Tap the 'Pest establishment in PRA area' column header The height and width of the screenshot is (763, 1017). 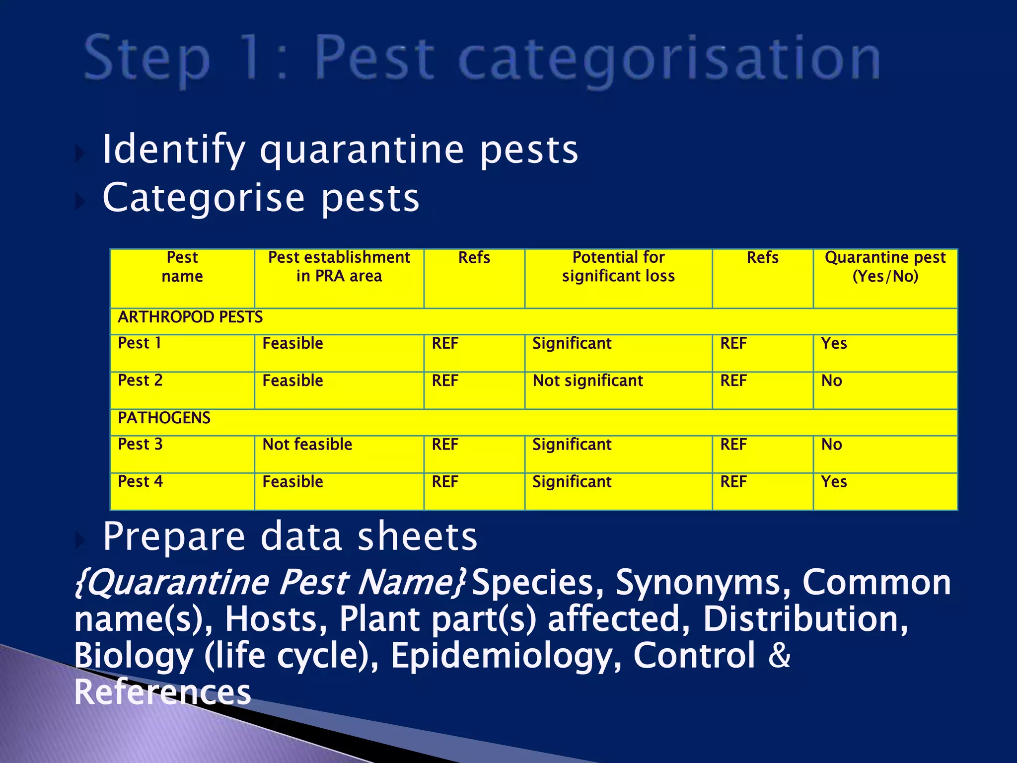click(339, 267)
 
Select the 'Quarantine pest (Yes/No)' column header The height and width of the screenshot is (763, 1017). click(885, 267)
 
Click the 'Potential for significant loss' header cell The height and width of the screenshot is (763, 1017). click(618, 267)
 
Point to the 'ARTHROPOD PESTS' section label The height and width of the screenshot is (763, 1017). click(190, 317)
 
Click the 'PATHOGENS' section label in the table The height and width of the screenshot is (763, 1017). click(164, 418)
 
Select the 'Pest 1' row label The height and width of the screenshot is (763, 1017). click(140, 343)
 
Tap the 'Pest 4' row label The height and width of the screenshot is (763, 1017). click(141, 481)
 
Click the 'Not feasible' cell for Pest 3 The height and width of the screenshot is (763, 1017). click(307, 444)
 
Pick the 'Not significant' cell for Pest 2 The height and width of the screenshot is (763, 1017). click(587, 381)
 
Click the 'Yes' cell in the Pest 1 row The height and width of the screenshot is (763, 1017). click(834, 343)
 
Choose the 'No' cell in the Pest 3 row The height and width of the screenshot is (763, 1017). click(831, 444)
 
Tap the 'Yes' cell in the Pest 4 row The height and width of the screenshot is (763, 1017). click(834, 481)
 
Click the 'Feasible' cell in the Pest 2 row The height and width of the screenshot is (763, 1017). click(292, 381)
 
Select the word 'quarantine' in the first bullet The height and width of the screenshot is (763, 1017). click(362, 151)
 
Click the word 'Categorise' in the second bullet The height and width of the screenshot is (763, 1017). click(204, 198)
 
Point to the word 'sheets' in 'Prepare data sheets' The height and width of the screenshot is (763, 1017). click(417, 537)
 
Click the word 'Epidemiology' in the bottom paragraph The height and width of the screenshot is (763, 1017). click(506, 656)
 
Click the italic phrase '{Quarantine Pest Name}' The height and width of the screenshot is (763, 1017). click(271, 582)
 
